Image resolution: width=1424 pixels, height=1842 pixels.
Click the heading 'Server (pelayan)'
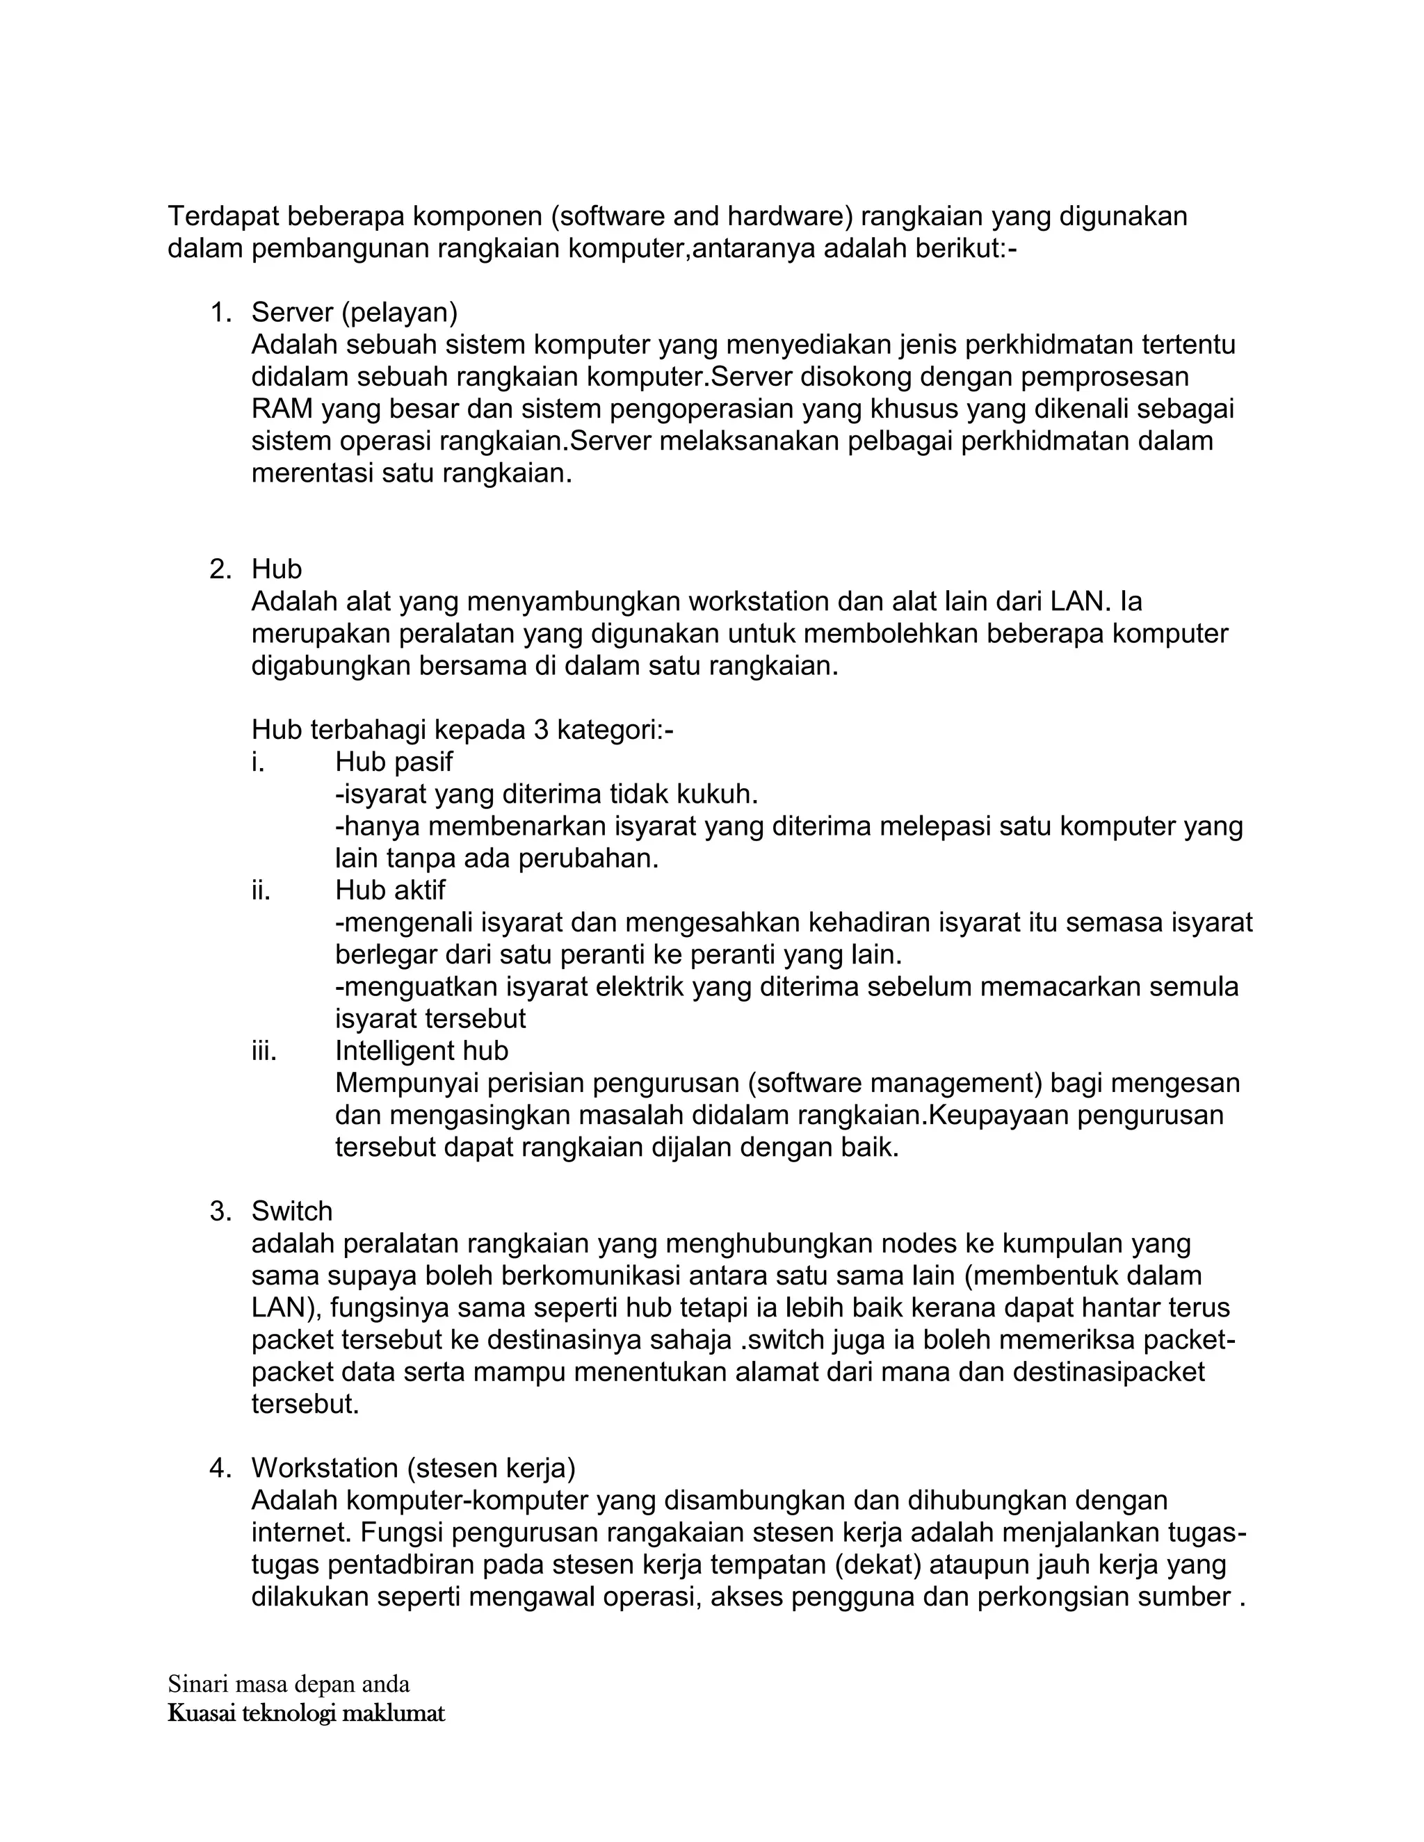point(355,313)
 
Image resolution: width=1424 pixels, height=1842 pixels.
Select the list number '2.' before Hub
point(220,569)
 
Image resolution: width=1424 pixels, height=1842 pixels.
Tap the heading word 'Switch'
point(292,1212)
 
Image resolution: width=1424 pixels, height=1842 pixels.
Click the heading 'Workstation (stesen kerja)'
point(414,1468)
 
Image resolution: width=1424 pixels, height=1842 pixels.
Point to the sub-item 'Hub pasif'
point(394,762)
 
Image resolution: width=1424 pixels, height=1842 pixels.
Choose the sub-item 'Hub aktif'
point(390,890)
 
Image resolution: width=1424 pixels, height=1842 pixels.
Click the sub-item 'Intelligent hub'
point(422,1051)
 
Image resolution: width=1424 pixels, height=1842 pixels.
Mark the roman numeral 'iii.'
point(264,1051)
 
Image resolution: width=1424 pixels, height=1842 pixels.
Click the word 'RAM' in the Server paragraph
point(282,409)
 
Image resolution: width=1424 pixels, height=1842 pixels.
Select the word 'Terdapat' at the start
point(222,217)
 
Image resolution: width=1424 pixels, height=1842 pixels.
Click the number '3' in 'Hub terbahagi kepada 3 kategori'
point(542,730)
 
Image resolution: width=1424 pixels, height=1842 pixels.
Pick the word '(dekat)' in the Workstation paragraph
point(878,1565)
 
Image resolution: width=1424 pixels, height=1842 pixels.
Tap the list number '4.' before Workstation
point(220,1468)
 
